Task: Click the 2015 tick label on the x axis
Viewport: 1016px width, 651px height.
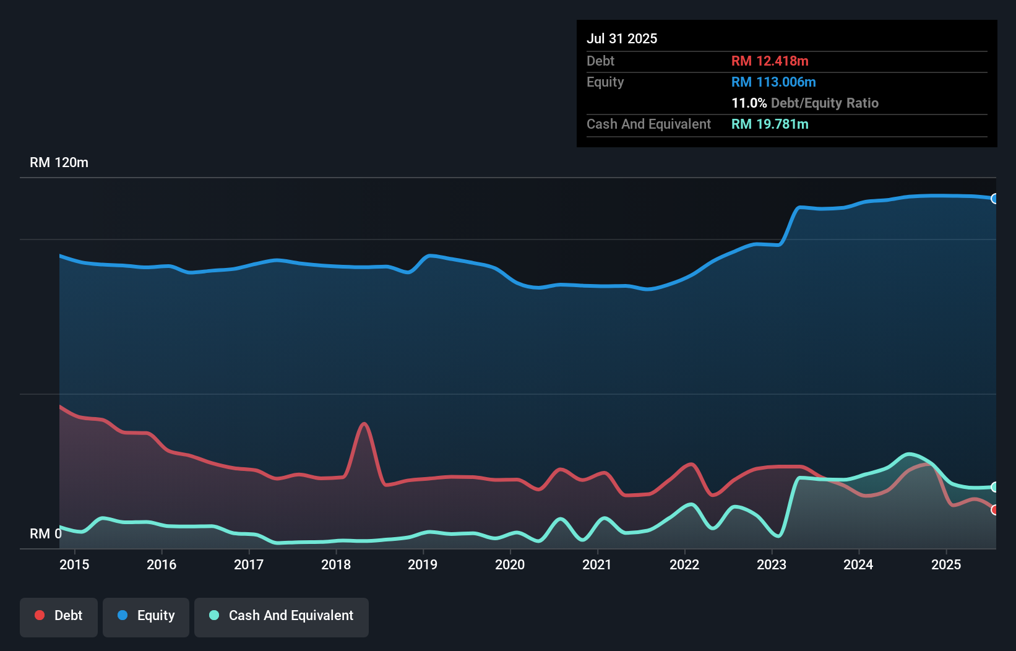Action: [x=74, y=564]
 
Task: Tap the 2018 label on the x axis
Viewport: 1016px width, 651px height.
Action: [x=336, y=564]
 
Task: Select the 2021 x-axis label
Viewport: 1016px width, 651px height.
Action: [x=597, y=564]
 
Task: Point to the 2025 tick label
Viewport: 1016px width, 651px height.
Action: [x=946, y=564]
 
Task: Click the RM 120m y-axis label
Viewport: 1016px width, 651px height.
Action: [x=59, y=163]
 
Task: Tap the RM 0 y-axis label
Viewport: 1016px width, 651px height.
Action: [x=45, y=533]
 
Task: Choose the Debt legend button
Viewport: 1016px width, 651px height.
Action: [x=59, y=616]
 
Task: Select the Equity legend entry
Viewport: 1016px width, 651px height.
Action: [x=146, y=616]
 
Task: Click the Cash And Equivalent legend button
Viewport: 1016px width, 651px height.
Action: [x=282, y=616]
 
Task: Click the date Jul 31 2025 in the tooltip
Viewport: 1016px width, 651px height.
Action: [x=622, y=38]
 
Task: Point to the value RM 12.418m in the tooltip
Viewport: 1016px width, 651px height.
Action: [x=770, y=61]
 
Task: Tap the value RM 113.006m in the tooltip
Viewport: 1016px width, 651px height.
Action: [x=773, y=82]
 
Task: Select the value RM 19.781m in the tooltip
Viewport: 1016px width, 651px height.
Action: [x=770, y=124]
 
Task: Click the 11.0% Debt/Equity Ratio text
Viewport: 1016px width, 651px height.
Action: [x=804, y=103]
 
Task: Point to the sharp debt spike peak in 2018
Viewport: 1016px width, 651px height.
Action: [x=364, y=424]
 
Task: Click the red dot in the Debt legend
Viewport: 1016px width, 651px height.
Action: [x=40, y=615]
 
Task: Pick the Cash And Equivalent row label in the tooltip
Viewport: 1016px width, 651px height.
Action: [x=648, y=124]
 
